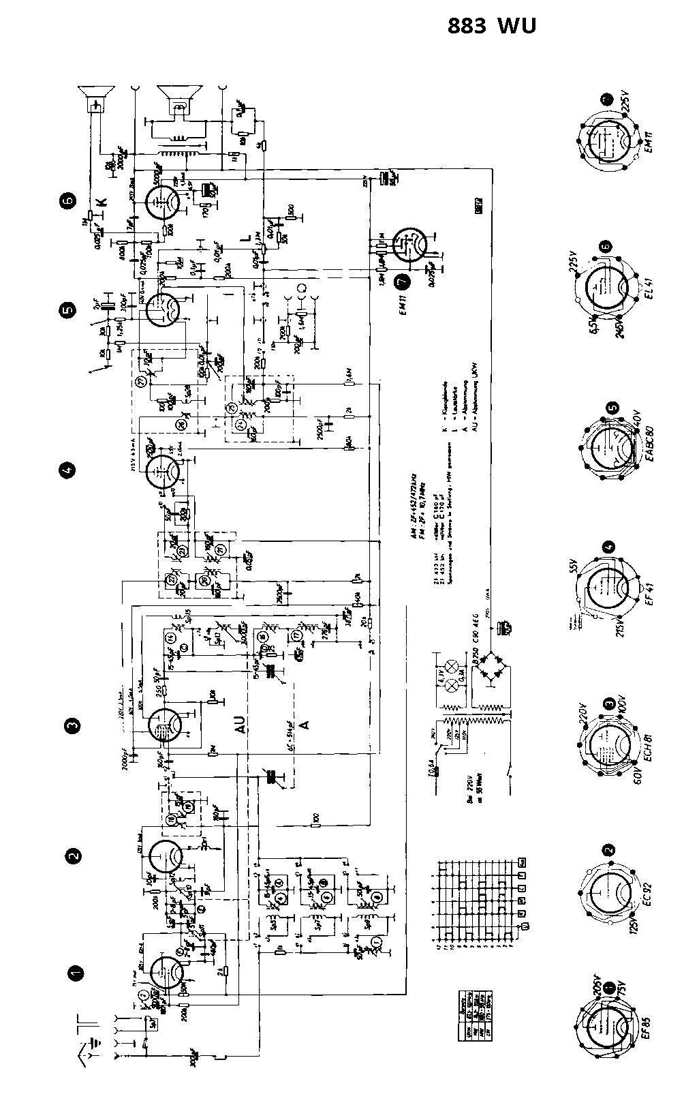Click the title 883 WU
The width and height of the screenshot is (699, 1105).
tap(492, 26)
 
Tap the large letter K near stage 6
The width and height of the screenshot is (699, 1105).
tap(102, 202)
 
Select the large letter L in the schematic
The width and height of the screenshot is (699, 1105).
tap(245, 238)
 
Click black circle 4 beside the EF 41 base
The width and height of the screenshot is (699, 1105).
tap(608, 546)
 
